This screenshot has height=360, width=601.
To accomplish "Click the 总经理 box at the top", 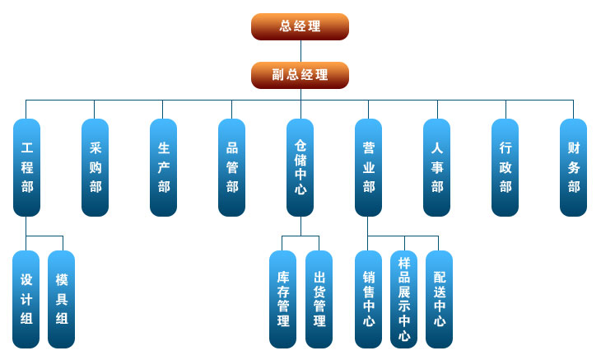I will pos(300,26).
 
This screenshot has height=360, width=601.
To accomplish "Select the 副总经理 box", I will pos(300,75).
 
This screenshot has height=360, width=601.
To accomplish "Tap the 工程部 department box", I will pos(26,168).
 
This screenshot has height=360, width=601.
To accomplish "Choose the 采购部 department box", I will pos(95,168).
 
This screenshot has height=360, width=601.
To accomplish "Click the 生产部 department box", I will pos(163,168).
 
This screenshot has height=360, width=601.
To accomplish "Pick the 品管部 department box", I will pos(231,168).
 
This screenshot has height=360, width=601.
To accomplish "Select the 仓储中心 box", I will pos(300,168).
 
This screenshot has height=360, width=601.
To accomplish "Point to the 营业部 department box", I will pos(368,168).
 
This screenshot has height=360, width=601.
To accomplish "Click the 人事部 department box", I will pos(436,168).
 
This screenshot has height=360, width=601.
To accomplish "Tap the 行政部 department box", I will pos(505,168).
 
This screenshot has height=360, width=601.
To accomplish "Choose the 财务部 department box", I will pos(573,168).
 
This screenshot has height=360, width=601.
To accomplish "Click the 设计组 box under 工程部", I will pos(26,299).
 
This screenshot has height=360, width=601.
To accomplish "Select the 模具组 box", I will pos(61,299).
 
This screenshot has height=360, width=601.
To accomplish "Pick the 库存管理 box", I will pos(282,299).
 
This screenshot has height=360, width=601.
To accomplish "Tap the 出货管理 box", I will pos(319,299).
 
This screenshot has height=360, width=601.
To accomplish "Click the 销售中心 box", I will pos(368,299).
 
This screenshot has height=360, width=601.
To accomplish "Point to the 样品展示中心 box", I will pos(403,299).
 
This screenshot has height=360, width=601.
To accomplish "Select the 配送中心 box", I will pos(439,299).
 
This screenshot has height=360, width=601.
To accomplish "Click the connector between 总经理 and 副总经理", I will pos(300,51).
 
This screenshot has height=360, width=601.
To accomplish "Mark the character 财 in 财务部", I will pos(573,148).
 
